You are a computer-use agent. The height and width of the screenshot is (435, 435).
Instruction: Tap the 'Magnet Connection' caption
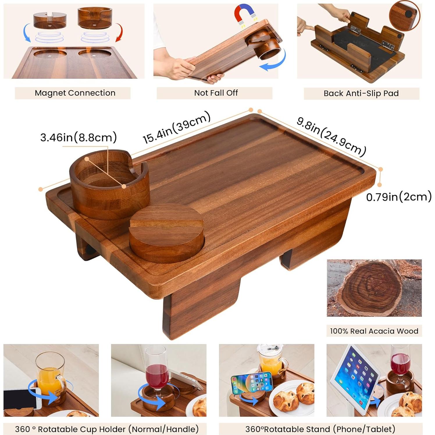point(75,93)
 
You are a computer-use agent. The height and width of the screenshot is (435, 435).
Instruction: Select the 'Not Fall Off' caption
point(216,93)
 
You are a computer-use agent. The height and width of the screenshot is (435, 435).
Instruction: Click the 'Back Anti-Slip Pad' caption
point(361,93)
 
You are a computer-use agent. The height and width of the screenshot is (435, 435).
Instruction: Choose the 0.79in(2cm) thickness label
point(399,197)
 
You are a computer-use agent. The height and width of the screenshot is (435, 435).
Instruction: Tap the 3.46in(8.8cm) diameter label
point(79,137)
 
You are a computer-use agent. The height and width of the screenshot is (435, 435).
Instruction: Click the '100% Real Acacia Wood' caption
point(374,331)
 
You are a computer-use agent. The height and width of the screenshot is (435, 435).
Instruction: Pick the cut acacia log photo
point(374,288)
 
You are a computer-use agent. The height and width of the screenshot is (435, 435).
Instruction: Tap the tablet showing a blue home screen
point(356,378)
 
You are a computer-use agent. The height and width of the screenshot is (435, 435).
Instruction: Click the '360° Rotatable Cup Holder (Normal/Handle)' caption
point(107,429)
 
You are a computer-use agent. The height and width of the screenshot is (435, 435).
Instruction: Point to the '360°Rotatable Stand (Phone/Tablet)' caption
point(320,429)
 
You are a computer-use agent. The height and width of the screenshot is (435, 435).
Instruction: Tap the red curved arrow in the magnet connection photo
point(119,32)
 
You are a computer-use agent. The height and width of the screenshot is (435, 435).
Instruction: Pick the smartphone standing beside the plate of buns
point(252,383)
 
